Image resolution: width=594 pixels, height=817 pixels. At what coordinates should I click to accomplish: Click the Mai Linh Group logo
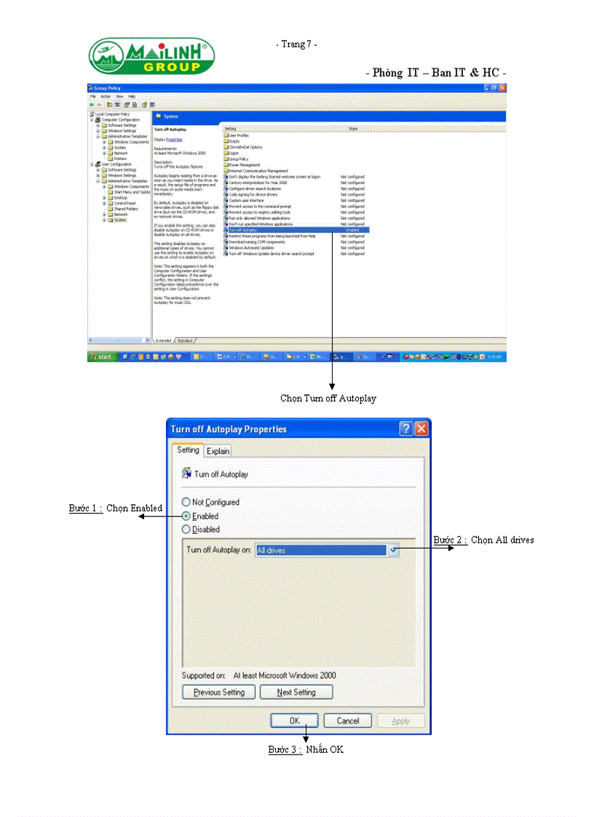151,57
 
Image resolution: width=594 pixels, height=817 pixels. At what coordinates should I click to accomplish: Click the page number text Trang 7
296,45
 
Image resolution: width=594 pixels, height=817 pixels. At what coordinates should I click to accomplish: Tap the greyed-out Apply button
400,721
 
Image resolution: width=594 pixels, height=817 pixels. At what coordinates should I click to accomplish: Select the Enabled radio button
186,516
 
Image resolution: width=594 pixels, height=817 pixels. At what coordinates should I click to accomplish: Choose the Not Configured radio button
186,502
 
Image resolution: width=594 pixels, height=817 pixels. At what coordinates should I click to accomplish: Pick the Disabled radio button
186,530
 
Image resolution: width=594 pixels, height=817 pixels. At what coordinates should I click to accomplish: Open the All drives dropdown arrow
394,551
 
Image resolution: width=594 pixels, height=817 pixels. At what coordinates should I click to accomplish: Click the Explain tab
218,451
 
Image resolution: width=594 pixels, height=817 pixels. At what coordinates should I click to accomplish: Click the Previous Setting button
218,692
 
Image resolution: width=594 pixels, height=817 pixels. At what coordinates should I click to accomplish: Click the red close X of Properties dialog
421,429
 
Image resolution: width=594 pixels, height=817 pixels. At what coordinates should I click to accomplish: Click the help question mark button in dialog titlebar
405,429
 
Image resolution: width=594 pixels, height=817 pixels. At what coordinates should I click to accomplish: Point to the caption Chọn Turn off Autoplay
328,398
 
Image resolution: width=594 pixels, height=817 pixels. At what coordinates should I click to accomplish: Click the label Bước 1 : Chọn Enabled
115,508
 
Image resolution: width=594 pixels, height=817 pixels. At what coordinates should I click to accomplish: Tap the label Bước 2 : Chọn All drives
483,540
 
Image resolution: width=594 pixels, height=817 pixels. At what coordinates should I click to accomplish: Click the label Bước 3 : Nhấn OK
305,749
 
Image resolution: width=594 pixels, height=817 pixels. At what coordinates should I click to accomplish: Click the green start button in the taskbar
101,357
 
